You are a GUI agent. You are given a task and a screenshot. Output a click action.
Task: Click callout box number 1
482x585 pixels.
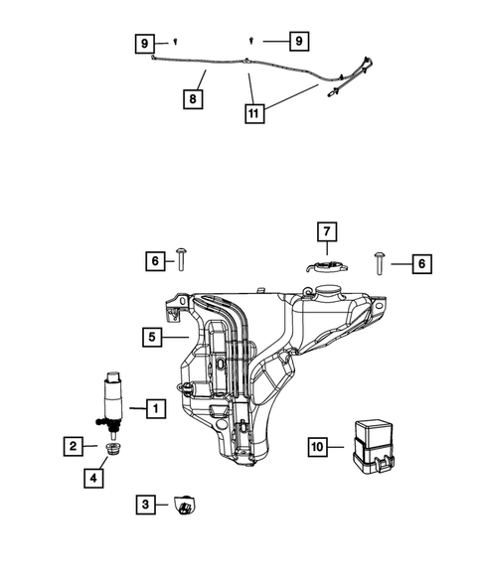[155, 407]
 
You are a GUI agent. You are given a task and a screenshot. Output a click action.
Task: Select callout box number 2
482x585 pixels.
[75, 447]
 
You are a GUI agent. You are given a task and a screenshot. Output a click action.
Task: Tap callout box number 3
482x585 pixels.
[145, 506]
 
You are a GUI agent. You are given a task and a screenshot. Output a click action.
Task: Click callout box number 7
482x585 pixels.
[326, 232]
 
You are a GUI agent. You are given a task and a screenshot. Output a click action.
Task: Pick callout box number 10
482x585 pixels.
[318, 448]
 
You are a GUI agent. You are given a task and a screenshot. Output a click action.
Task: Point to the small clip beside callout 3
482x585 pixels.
[182, 507]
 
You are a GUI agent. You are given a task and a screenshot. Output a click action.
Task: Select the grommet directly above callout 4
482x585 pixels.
[112, 454]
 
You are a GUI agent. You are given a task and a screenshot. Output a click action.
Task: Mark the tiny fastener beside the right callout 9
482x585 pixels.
[252, 40]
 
